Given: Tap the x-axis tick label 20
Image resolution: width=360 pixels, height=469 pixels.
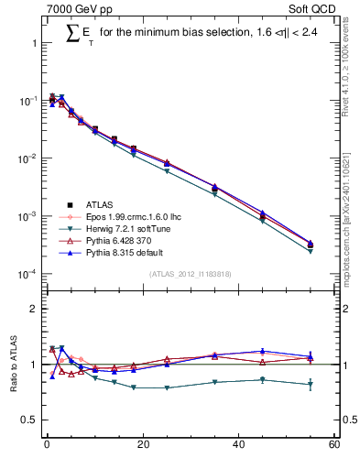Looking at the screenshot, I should click(x=142, y=445).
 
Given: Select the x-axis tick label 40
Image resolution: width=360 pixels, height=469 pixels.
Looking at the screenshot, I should click(x=238, y=445).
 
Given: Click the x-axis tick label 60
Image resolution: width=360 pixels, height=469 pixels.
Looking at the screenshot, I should click(x=334, y=445).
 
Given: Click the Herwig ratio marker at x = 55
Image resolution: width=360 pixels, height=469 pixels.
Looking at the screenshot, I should click(x=311, y=385).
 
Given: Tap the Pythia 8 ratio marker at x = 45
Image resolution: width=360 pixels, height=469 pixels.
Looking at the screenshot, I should click(x=263, y=351).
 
